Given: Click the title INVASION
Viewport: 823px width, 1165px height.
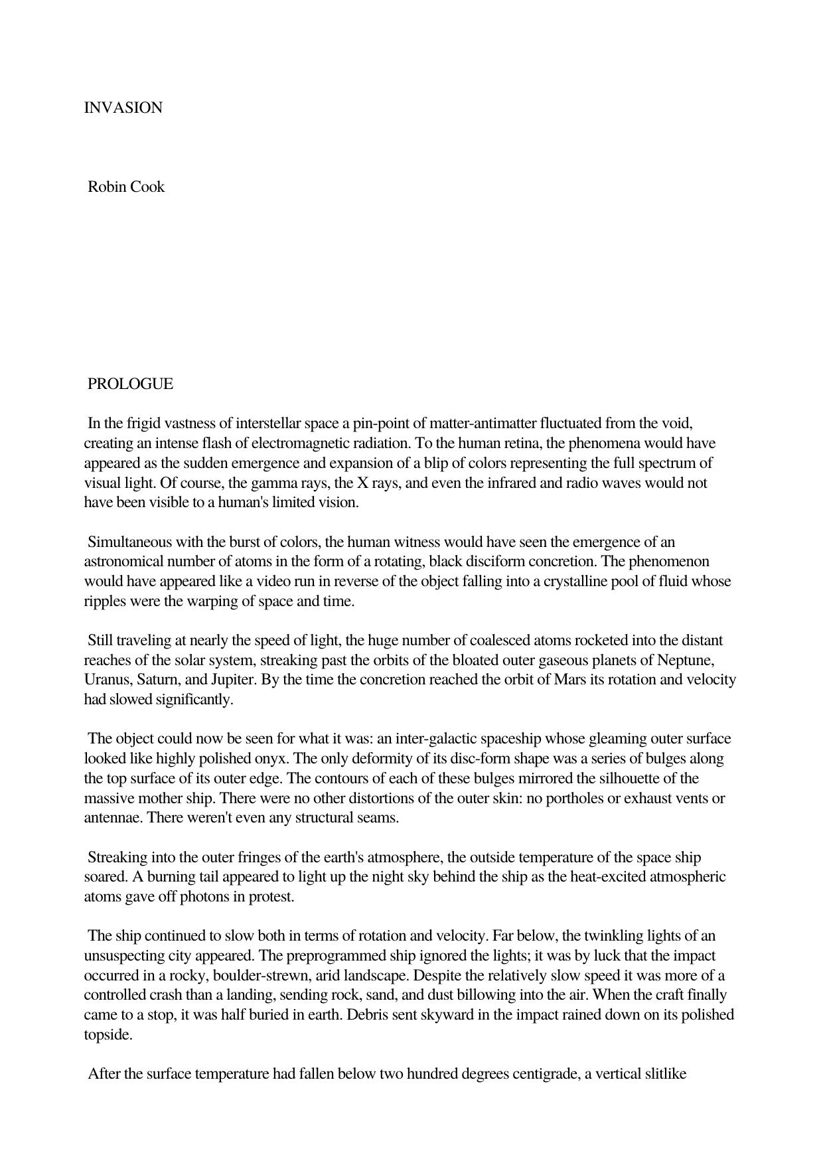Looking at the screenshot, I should click(123, 108).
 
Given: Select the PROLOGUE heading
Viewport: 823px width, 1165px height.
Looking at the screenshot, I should click(130, 384).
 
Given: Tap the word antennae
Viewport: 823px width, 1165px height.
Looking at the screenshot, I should click(113, 818).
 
